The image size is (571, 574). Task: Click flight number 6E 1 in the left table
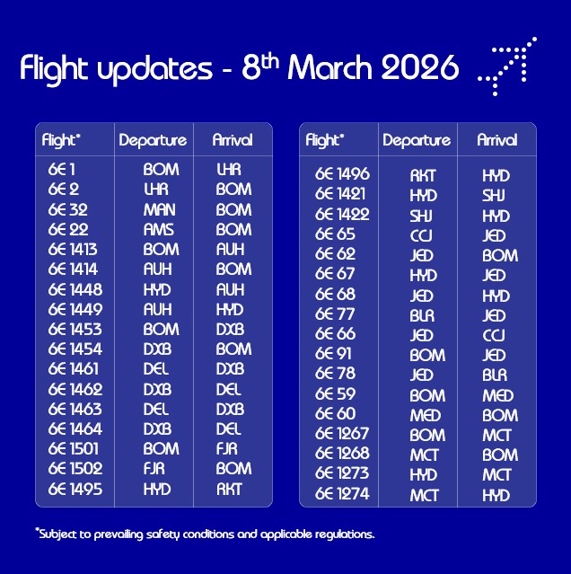coord(63,169)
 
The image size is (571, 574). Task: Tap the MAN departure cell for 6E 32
coord(161,209)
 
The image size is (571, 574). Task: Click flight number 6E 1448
coord(75,289)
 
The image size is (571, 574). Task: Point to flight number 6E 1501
coord(75,449)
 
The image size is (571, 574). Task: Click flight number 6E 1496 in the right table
coord(342,174)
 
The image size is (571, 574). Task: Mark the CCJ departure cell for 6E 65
coord(423,234)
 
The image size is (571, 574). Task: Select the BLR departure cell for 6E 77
coord(423,314)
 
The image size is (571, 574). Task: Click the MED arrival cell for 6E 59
coord(497,395)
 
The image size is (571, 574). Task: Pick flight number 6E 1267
coord(342,435)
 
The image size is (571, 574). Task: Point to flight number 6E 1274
coord(342,494)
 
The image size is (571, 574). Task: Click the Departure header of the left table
coord(153,140)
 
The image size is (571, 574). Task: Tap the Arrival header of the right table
coord(496,140)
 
